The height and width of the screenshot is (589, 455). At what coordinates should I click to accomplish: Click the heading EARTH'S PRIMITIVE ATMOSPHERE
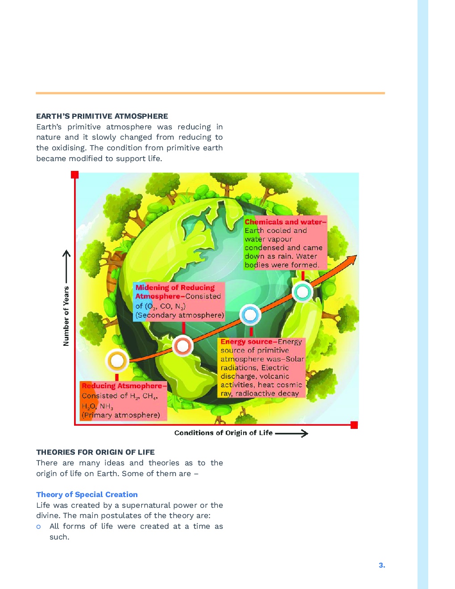point(102,116)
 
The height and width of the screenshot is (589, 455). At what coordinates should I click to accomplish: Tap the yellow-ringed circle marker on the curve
point(117,361)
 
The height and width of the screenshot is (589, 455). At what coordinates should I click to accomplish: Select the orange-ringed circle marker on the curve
point(183,346)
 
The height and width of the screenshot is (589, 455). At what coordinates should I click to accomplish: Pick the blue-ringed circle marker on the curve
point(250,315)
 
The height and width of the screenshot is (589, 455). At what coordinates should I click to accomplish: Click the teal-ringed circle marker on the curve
point(302,292)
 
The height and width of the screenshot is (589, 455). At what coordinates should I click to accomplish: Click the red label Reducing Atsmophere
point(122,386)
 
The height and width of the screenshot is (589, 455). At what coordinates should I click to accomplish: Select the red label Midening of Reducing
point(175,288)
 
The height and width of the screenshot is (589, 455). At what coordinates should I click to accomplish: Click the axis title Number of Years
point(66,316)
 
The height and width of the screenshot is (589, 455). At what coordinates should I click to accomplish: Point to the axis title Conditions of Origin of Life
point(223,433)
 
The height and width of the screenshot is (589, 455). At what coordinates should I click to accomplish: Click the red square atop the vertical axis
point(75,174)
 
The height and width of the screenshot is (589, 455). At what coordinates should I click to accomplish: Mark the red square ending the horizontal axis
point(354,425)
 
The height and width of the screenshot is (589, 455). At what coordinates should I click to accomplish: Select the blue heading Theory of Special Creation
point(87,494)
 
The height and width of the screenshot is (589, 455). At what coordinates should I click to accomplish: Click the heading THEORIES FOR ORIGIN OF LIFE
point(95,452)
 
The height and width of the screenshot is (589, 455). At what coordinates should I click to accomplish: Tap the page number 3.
point(382,565)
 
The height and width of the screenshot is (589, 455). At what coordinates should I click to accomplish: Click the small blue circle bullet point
point(39,527)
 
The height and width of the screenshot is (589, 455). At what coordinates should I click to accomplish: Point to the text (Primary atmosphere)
point(120,415)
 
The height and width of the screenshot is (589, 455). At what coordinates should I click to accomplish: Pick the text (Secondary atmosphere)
point(180,315)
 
